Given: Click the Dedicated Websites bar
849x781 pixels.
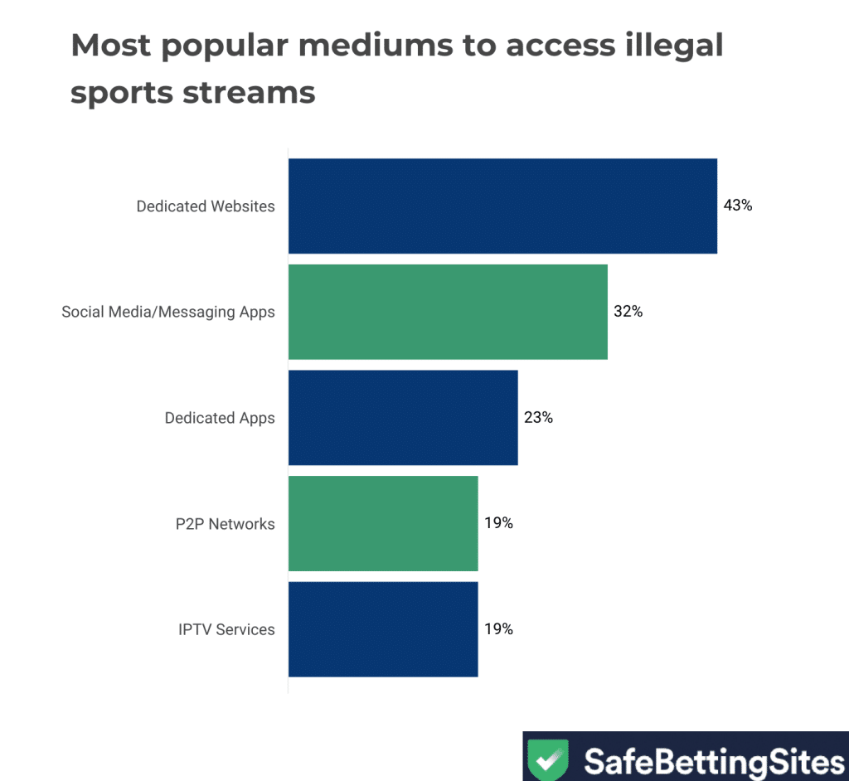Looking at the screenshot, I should click(x=502, y=206).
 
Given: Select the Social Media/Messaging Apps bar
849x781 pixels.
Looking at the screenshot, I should click(x=448, y=312).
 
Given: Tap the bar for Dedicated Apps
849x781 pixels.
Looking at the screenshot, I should click(x=403, y=418).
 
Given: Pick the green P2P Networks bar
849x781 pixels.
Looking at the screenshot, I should click(x=383, y=523).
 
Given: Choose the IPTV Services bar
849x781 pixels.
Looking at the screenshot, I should click(x=383, y=629).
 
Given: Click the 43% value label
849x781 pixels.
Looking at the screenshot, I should click(x=738, y=206).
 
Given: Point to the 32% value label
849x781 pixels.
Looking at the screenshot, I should click(x=628, y=312).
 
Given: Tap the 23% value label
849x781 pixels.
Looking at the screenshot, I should click(x=538, y=418).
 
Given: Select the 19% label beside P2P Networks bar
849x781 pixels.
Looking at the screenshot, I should click(x=499, y=523).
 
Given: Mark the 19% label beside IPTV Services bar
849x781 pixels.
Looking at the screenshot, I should click(x=499, y=629).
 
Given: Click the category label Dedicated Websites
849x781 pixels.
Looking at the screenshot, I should click(x=206, y=206).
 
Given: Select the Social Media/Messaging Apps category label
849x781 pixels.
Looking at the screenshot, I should click(x=168, y=313).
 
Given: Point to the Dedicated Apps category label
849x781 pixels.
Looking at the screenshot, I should click(x=220, y=418).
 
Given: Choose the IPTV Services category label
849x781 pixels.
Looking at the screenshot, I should click(x=226, y=629).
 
